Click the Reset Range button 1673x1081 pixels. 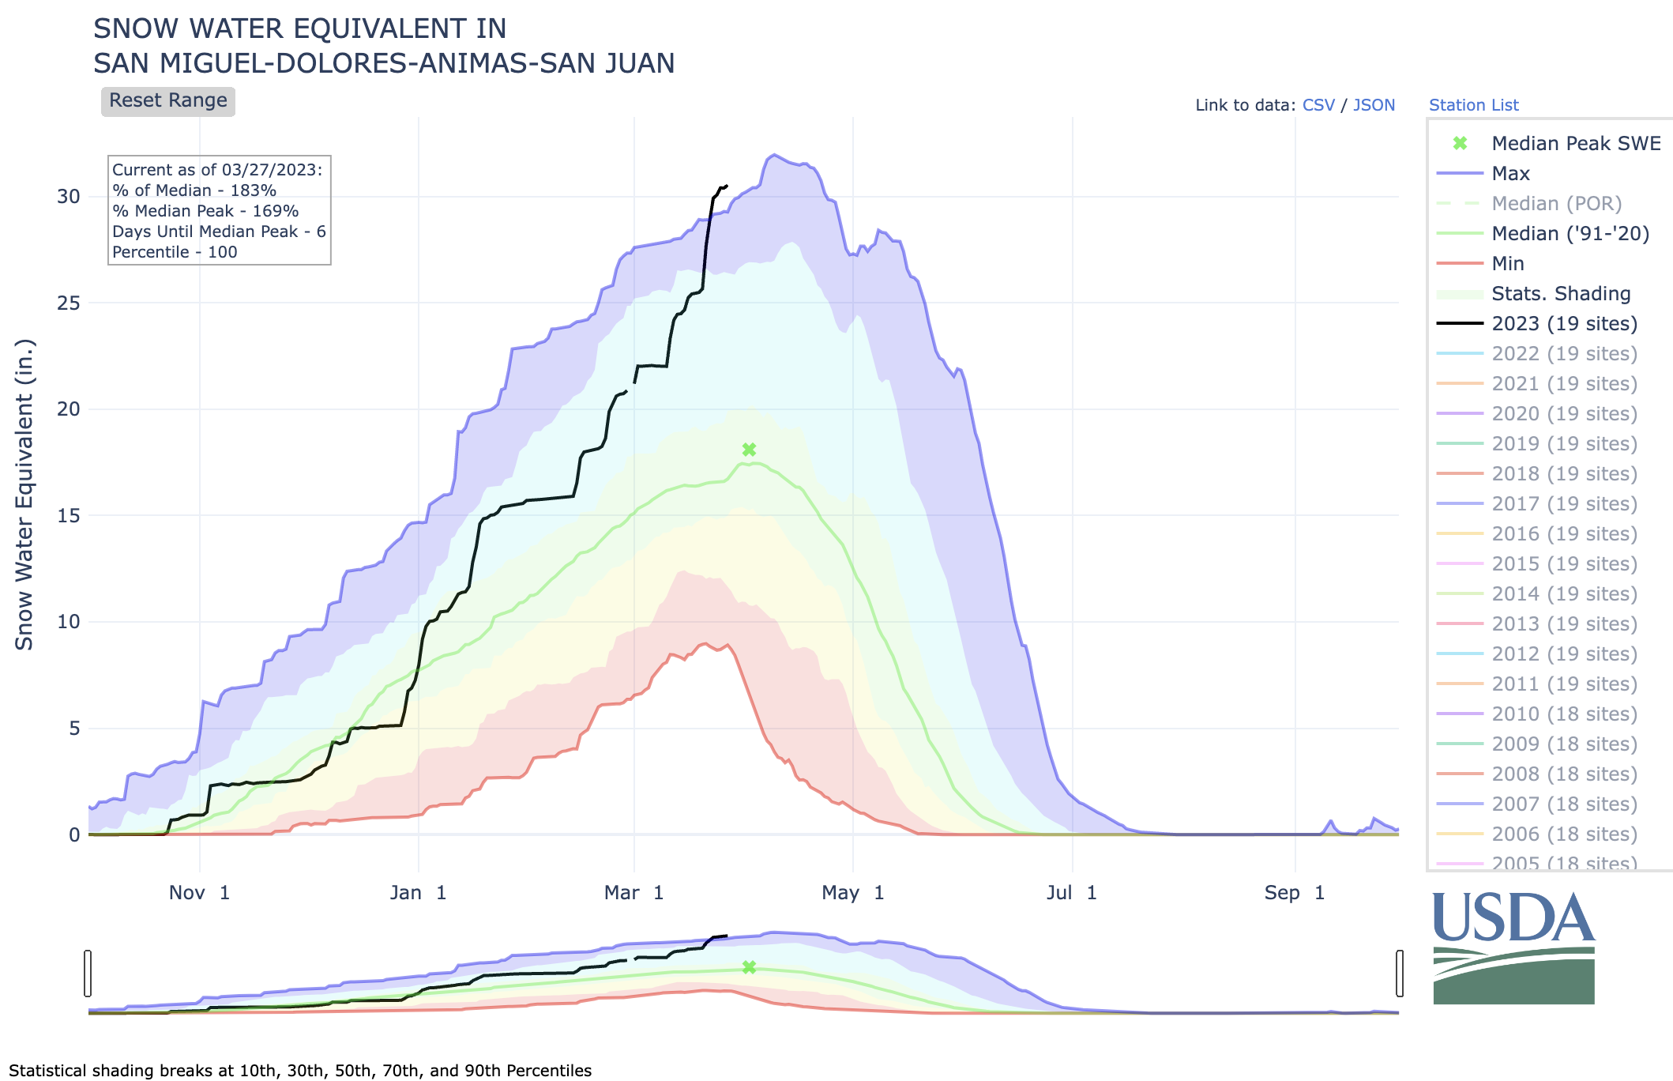[167, 101]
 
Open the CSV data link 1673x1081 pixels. [1318, 105]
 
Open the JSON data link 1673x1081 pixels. [1374, 105]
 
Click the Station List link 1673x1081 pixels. [1473, 105]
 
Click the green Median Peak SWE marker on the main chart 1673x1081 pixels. [749, 450]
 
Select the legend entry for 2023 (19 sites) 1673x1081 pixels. [1564, 324]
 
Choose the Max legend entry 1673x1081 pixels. [1510, 174]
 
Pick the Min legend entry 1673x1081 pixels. [1507, 264]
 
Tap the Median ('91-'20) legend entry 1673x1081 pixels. [1570, 234]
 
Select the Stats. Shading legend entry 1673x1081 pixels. [1561, 294]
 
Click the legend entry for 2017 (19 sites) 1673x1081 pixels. [1564, 504]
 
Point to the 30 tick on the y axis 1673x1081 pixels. [69, 197]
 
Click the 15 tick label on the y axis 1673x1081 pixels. [69, 516]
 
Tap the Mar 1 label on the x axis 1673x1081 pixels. [633, 893]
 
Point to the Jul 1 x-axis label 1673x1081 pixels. [1071, 893]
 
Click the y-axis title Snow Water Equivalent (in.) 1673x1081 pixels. [24, 495]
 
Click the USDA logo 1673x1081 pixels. [1513, 948]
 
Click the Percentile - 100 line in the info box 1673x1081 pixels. [175, 252]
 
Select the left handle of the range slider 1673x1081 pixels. [88, 974]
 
